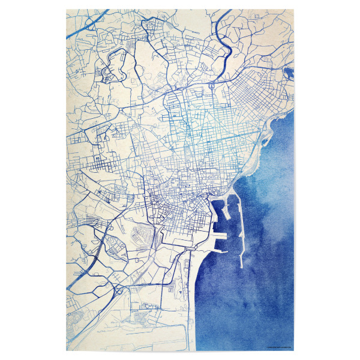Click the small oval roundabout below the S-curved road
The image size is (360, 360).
(x=212, y=86)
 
